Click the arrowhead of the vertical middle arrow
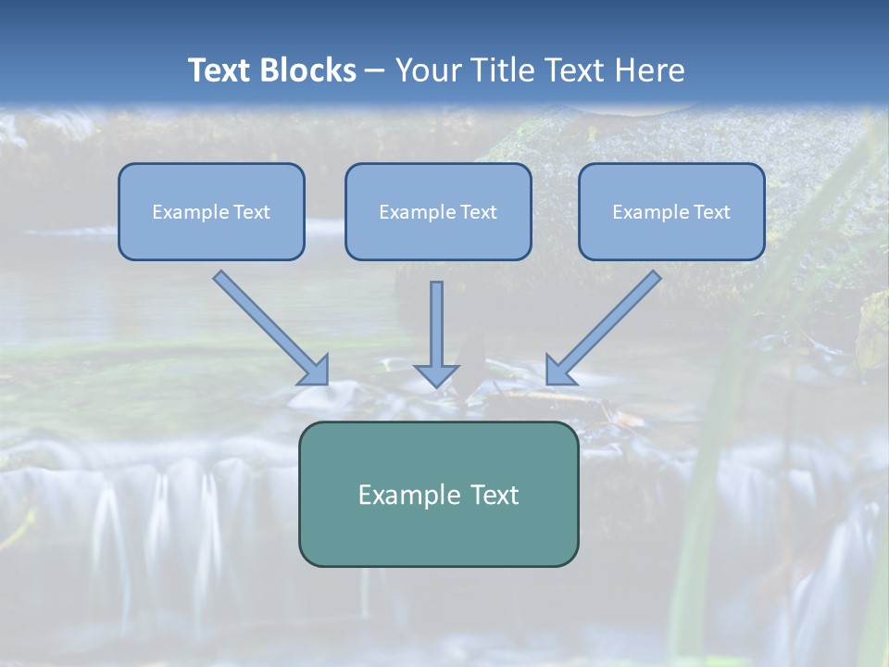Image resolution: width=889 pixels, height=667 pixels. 436,374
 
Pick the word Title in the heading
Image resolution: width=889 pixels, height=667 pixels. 502,70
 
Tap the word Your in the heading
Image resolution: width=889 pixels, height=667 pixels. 429,70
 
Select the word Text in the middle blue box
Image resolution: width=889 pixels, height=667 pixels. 478,212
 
